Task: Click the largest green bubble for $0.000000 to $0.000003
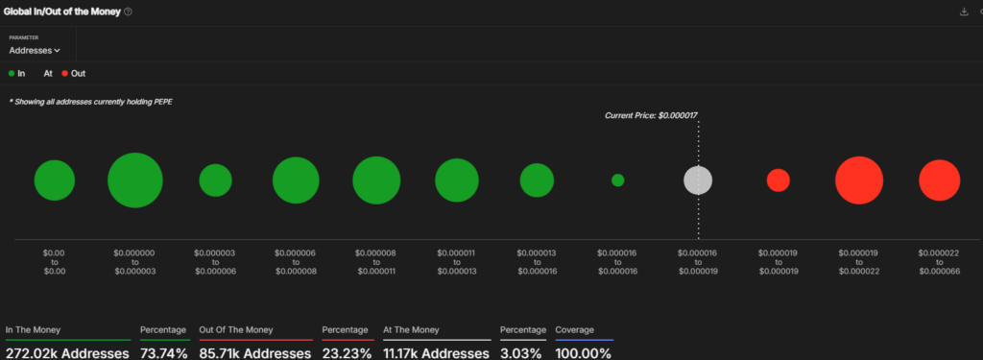134,180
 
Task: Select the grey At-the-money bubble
698,180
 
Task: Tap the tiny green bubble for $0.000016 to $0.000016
617,180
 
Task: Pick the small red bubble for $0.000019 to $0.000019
778,180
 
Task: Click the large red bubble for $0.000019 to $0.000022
859,180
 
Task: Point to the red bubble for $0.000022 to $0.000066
939,180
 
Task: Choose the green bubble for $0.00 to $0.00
55,180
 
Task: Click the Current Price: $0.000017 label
651,115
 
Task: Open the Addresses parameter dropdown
35,50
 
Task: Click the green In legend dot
12,73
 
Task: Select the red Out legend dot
64,73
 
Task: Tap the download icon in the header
964,12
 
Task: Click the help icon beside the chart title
128,12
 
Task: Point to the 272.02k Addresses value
68,353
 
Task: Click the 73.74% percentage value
163,353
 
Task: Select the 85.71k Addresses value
255,353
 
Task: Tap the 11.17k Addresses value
437,353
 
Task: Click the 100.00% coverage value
583,353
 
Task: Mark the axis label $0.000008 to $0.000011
376,262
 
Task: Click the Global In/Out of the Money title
62,12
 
